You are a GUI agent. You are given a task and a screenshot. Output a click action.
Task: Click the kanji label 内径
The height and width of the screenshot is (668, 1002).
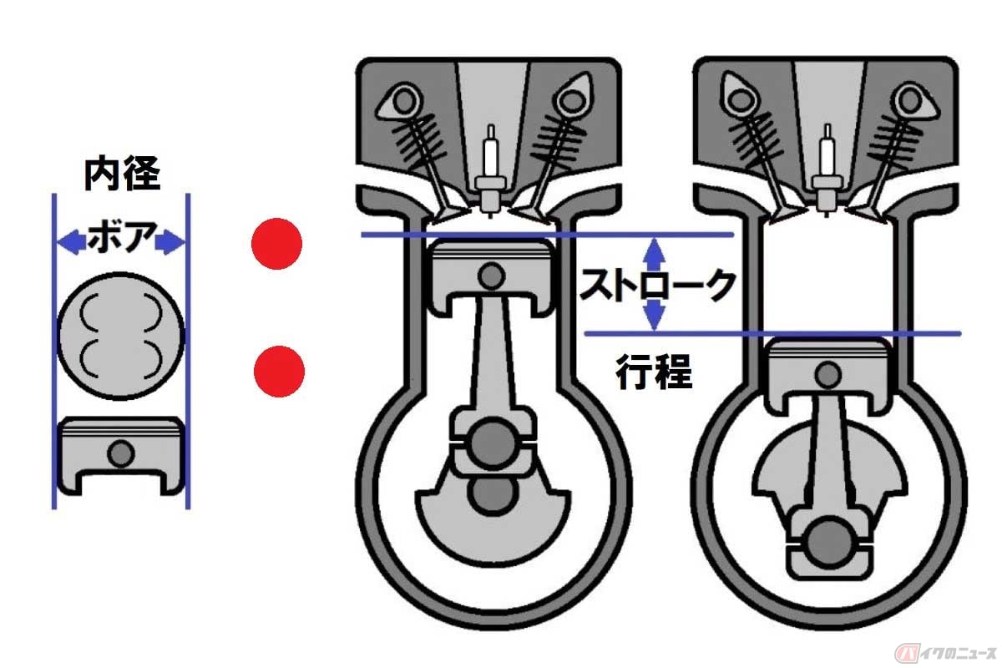[122, 173]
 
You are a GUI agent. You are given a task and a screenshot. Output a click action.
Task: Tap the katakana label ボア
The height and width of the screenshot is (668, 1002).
[121, 236]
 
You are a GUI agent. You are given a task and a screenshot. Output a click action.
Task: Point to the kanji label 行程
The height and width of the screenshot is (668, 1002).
[654, 372]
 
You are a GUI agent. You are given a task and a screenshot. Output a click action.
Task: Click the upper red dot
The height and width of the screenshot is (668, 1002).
[276, 244]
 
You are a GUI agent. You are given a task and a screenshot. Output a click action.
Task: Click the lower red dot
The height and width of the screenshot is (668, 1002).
[279, 372]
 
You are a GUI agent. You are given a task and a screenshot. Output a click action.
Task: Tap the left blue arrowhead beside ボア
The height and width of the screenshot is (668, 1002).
[72, 242]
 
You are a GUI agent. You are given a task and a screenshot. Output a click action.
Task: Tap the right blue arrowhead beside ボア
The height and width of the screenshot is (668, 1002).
[170, 242]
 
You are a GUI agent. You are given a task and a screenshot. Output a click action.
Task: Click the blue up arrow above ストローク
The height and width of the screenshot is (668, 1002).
[655, 254]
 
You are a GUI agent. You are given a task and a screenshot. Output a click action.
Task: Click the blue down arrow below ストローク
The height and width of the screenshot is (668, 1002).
[655, 315]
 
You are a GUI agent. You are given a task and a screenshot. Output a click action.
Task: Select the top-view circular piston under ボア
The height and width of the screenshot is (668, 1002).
[121, 336]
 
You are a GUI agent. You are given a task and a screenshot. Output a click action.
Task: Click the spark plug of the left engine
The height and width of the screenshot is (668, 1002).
[491, 170]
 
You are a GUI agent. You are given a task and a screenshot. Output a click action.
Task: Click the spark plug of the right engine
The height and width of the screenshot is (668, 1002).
[828, 170]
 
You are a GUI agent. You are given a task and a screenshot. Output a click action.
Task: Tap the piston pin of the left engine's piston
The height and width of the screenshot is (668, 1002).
[491, 276]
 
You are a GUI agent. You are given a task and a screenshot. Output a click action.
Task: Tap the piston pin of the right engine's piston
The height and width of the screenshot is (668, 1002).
[828, 374]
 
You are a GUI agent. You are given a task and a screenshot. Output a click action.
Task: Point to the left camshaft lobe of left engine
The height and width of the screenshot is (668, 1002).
[399, 103]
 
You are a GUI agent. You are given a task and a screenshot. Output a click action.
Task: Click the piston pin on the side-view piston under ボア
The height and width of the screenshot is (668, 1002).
[121, 453]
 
